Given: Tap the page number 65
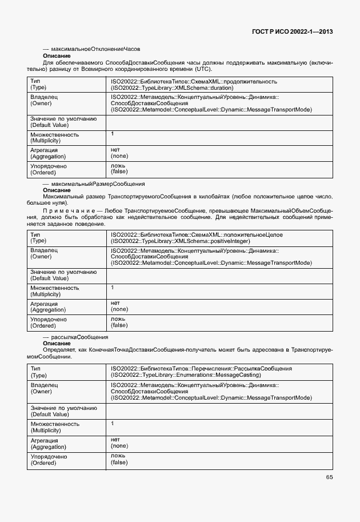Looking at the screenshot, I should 329,477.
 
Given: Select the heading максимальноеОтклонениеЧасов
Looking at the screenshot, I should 91,50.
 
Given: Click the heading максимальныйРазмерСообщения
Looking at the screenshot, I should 94,184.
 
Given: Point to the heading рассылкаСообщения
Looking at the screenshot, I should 75,337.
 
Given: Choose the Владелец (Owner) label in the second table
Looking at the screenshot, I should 44,254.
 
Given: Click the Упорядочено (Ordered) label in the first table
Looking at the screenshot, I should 48,169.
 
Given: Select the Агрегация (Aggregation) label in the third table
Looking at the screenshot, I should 48,443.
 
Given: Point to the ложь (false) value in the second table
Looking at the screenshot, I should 119,322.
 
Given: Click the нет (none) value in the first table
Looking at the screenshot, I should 119,152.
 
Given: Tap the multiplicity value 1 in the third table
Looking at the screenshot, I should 113,424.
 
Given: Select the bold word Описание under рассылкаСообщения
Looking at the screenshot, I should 57,344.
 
